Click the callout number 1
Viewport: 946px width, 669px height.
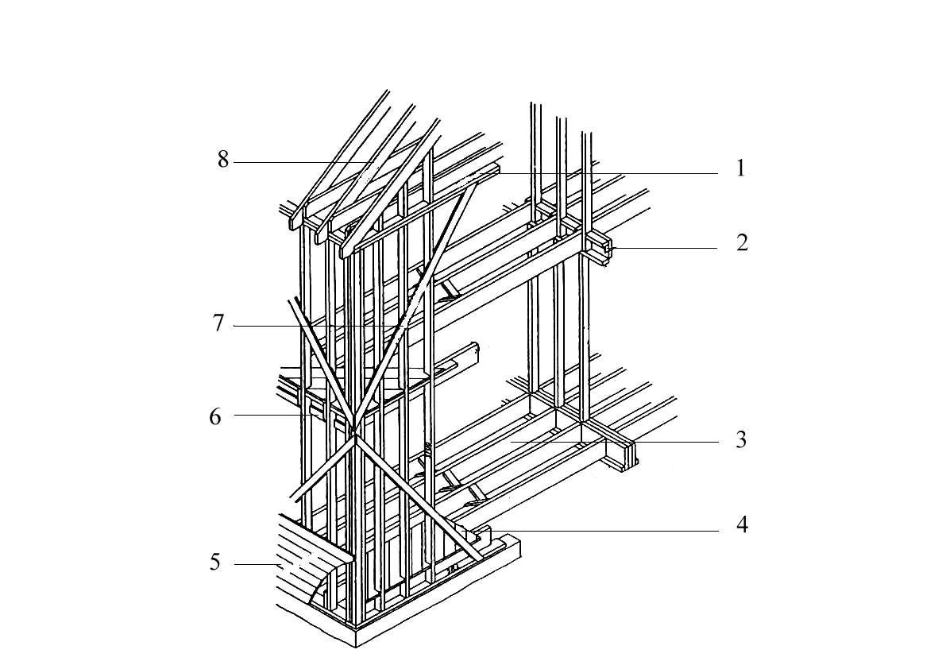pyautogui.click(x=741, y=168)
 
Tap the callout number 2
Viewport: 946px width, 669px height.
pyautogui.click(x=742, y=242)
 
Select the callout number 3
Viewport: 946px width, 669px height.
pyautogui.click(x=742, y=439)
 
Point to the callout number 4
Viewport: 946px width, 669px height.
pyautogui.click(x=742, y=525)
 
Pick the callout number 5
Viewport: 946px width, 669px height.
pyautogui.click(x=215, y=563)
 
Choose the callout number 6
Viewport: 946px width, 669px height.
pyautogui.click(x=215, y=417)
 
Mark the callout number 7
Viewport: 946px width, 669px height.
pyautogui.click(x=218, y=324)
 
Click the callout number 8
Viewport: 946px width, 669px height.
pyautogui.click(x=223, y=160)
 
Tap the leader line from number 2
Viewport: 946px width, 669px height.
pyautogui.click(x=664, y=248)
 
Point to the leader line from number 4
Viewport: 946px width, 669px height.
pyautogui.click(x=604, y=531)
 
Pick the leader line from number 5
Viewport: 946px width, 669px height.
pyautogui.click(x=257, y=565)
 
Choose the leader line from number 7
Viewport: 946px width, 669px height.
pyautogui.click(x=317, y=327)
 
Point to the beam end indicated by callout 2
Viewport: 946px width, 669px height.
pyautogui.click(x=605, y=249)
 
